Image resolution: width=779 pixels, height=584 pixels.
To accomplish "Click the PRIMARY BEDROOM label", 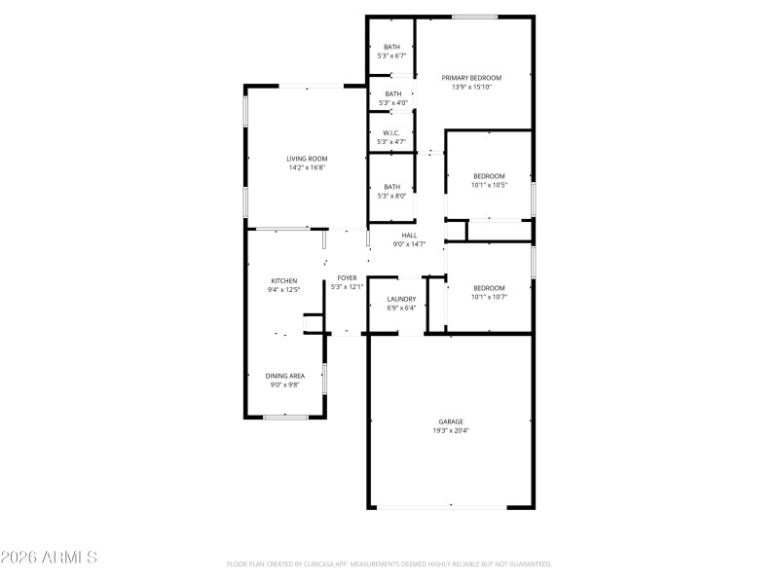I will click(471, 78).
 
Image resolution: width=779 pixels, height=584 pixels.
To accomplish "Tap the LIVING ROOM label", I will click(306, 159).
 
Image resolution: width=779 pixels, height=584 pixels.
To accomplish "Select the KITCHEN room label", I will click(283, 280).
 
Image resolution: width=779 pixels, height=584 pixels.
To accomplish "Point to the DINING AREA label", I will click(285, 376).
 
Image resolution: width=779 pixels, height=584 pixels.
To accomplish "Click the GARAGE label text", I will click(450, 421).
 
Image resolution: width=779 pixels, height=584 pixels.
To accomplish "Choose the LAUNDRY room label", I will click(401, 299).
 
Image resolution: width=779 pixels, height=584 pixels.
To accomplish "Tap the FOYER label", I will click(347, 277).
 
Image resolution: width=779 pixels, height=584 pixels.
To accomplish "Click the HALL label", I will click(409, 235).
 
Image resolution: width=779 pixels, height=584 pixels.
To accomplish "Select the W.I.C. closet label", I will click(391, 133).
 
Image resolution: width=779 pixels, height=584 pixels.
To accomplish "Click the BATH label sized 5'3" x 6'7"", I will click(391, 47).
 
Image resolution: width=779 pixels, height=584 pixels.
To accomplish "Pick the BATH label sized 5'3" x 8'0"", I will click(391, 187).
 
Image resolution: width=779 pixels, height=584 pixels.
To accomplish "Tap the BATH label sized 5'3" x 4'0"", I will click(391, 93).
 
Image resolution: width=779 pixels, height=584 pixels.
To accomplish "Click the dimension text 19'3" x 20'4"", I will click(450, 430).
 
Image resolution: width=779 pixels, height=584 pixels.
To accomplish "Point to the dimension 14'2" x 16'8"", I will click(306, 167).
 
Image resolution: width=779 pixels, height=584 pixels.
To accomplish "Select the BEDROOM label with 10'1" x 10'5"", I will click(489, 176).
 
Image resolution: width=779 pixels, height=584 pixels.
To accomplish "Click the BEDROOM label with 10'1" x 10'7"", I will click(489, 287).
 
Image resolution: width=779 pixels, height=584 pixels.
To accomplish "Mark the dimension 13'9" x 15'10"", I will click(471, 87).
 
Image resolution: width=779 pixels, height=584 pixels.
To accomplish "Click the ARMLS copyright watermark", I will click(49, 558).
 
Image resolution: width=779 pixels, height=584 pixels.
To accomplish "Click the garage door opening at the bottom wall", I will click(450, 506).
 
